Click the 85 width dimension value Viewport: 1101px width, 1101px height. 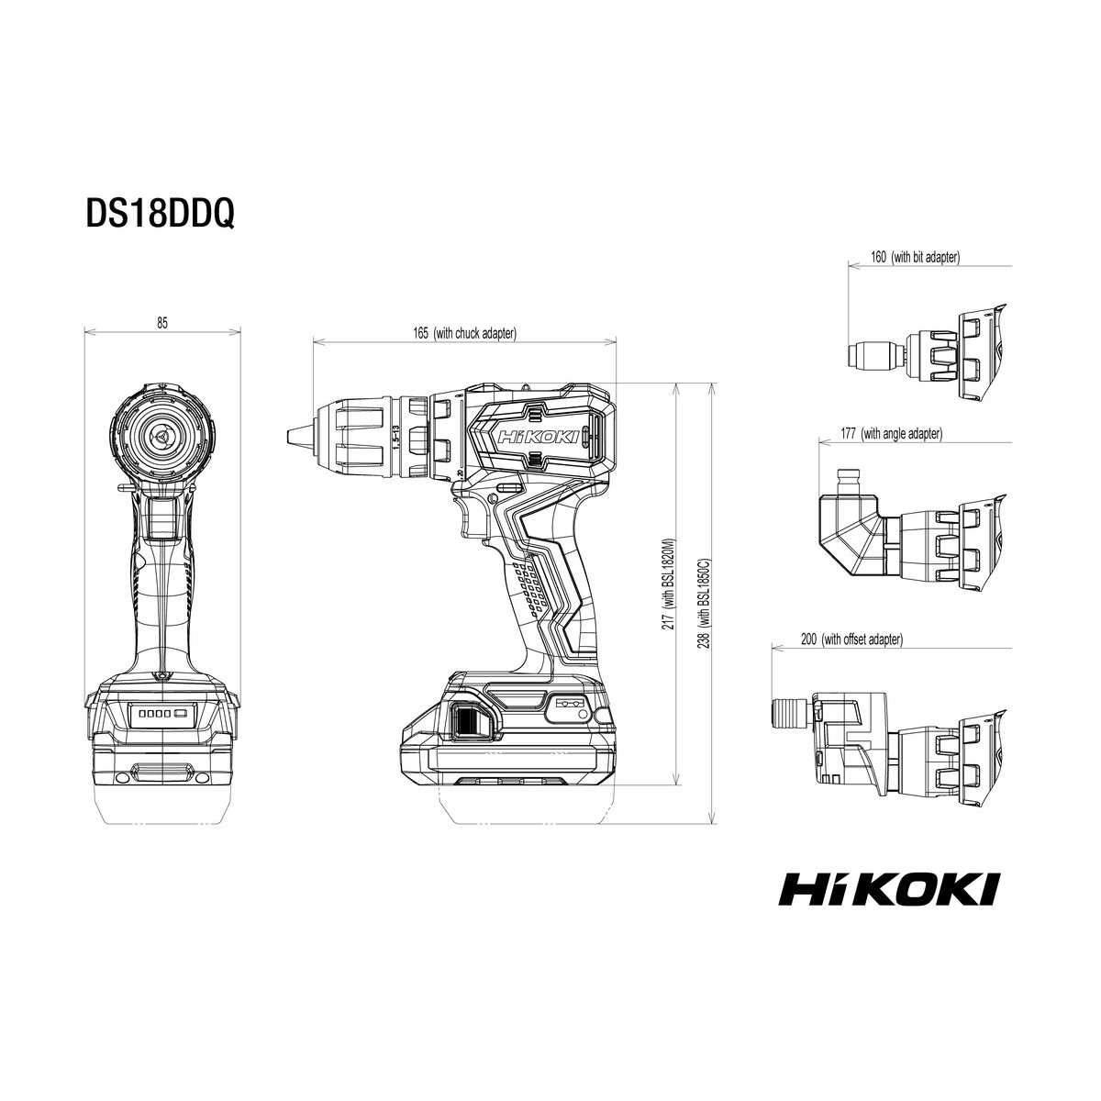click(x=162, y=323)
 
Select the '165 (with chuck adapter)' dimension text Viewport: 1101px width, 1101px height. click(x=464, y=333)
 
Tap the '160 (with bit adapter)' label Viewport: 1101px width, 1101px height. click(x=916, y=257)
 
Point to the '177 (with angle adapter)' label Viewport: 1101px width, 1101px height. click(x=891, y=434)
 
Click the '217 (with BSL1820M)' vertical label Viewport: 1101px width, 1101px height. click(x=668, y=584)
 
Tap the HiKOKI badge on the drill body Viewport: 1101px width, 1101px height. click(x=539, y=438)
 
